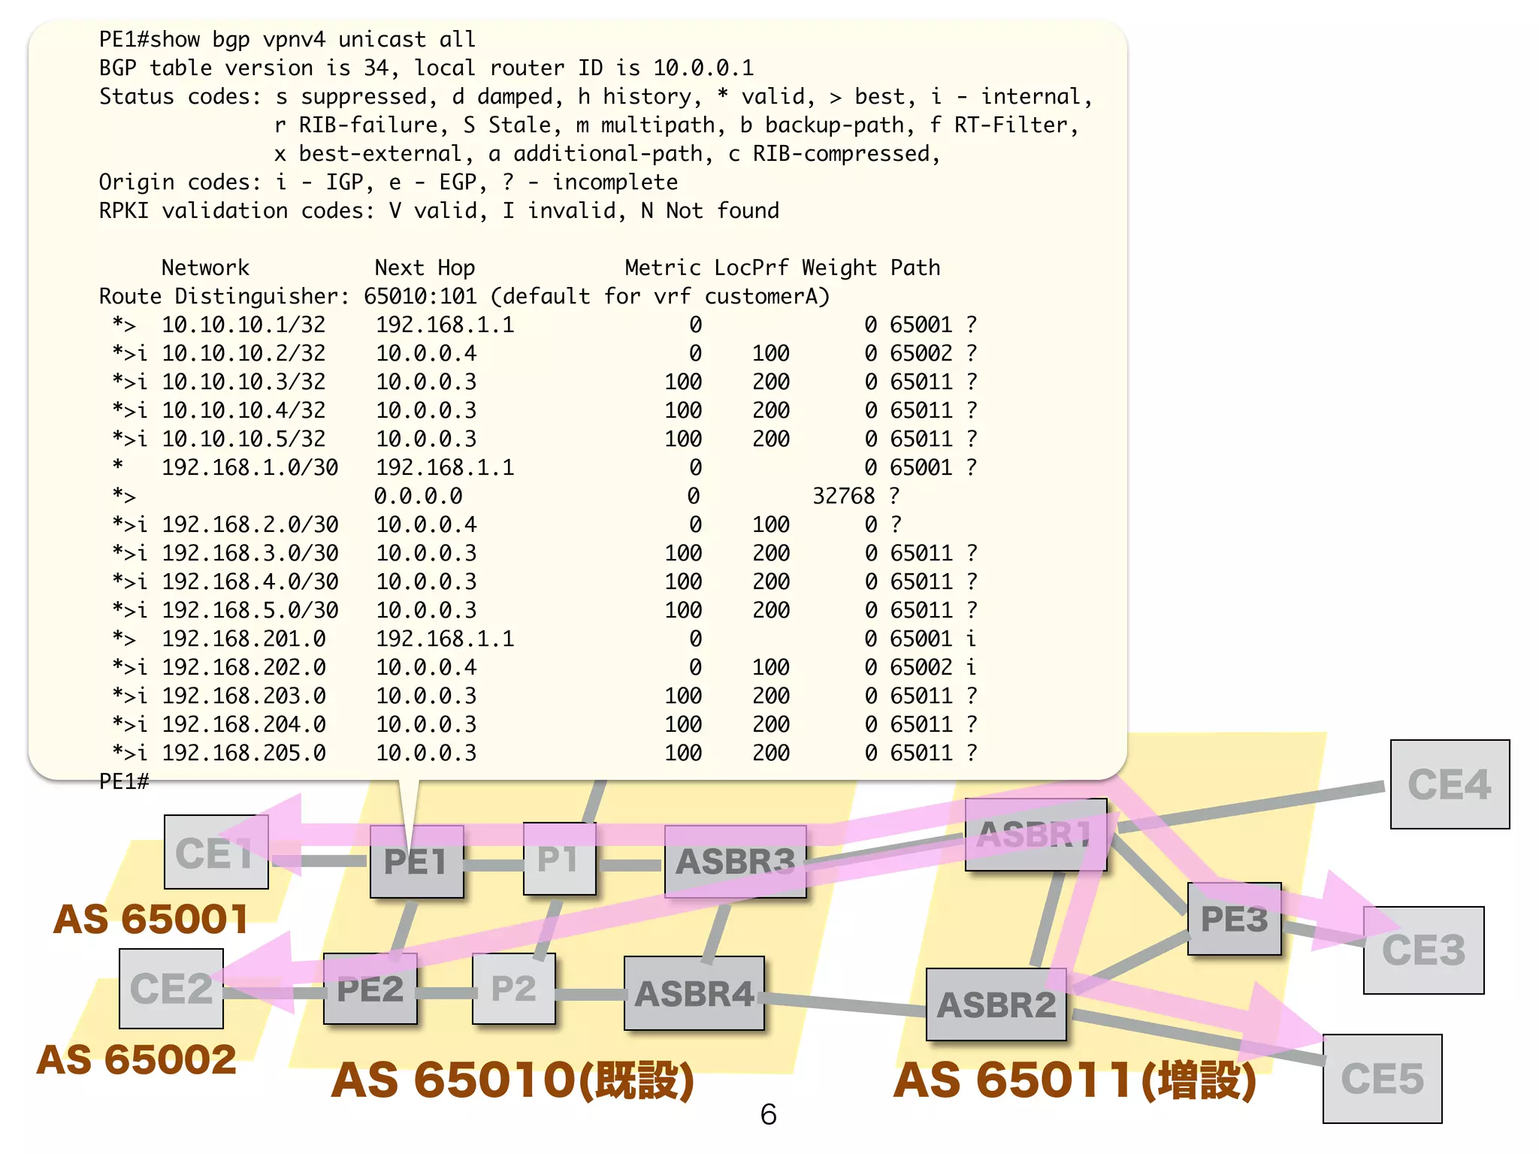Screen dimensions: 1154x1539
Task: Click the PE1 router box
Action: click(x=416, y=861)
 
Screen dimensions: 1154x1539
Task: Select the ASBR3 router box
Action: click(x=735, y=861)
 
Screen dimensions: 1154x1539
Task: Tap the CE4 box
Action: click(x=1449, y=784)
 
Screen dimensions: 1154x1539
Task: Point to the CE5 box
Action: click(x=1382, y=1079)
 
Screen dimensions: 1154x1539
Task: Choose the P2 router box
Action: click(x=513, y=989)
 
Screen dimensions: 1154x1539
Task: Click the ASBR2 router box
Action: click(x=996, y=1005)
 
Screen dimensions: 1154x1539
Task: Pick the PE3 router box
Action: click(x=1234, y=919)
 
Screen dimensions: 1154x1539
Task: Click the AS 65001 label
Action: click(x=150, y=919)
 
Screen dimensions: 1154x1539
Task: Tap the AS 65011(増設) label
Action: click(x=1075, y=1080)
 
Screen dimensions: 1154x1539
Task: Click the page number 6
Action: click(x=768, y=1114)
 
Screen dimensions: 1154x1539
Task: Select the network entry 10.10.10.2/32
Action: click(x=243, y=353)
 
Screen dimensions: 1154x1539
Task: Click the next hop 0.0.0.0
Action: click(x=418, y=496)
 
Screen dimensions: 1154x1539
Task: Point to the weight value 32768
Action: click(x=843, y=496)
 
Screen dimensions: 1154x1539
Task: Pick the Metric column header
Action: click(x=662, y=267)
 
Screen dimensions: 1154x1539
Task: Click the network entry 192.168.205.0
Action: click(x=243, y=753)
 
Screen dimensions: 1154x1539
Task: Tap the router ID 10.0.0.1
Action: click(x=703, y=68)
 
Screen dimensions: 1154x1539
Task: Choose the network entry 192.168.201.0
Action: click(x=243, y=639)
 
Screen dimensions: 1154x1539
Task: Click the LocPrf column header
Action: click(x=751, y=267)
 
